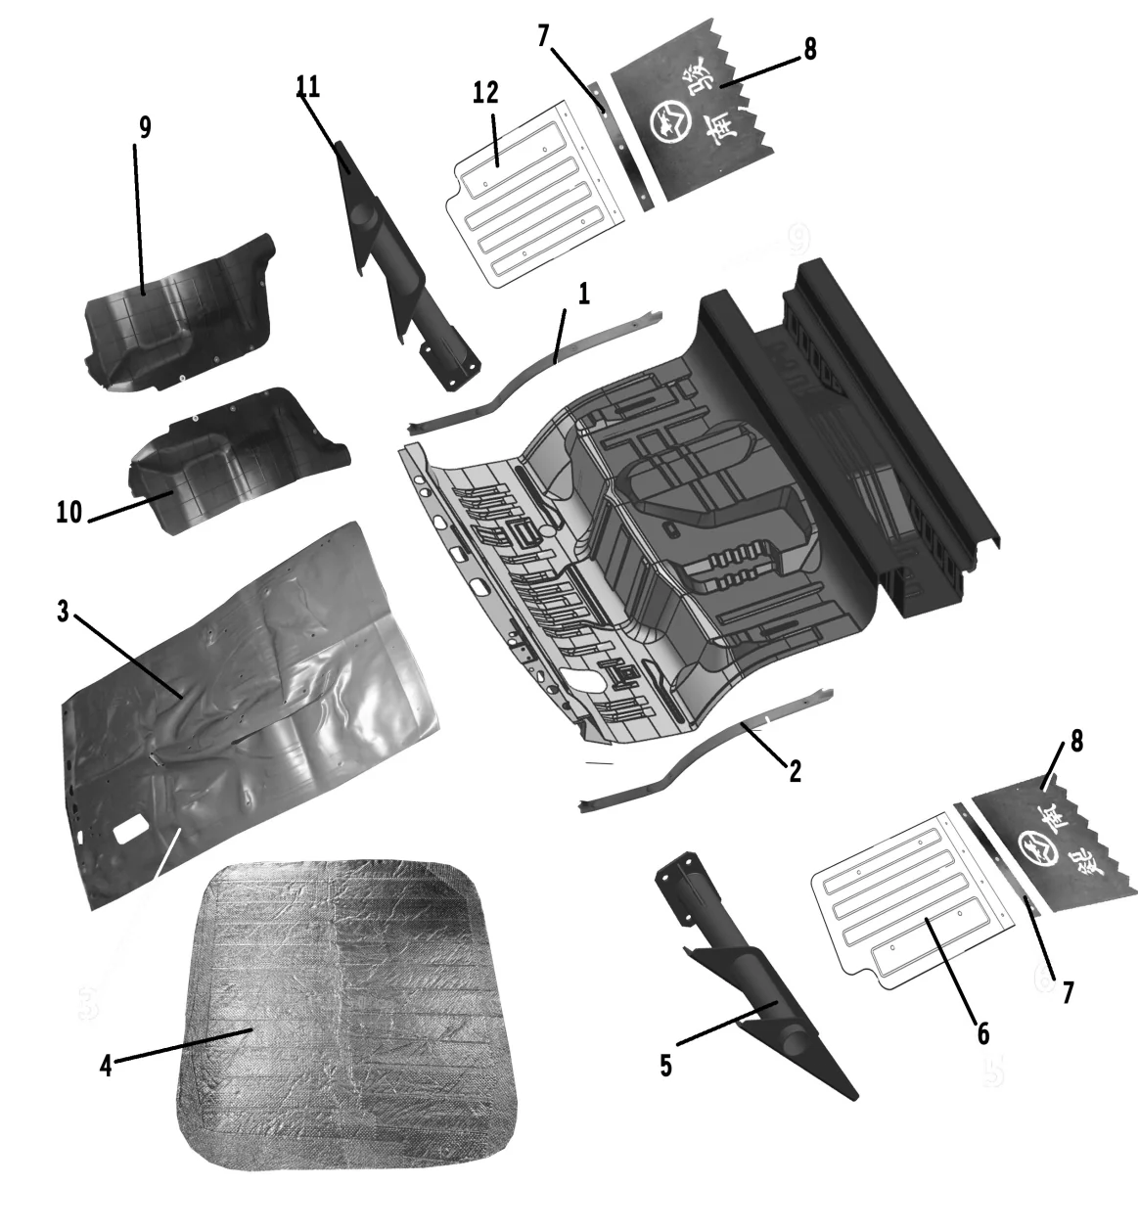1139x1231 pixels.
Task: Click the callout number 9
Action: click(145, 129)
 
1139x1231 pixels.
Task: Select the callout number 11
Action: click(308, 86)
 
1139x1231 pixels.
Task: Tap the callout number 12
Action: click(485, 93)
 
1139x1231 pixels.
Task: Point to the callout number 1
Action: click(584, 294)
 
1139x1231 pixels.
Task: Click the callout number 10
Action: click(69, 512)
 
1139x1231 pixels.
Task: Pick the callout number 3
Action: click(63, 612)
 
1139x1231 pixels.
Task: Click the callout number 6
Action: click(982, 1032)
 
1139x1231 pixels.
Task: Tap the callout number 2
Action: click(795, 770)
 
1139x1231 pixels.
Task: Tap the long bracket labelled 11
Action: click(401, 274)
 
